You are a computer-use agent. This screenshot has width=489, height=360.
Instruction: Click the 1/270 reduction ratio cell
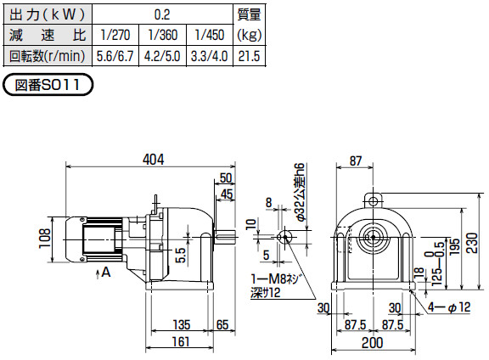click(115, 35)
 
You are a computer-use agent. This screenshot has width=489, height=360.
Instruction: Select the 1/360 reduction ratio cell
click(162, 35)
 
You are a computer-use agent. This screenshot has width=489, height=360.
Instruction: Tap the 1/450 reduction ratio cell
click(210, 35)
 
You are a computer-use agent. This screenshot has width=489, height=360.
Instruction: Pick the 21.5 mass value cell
click(250, 56)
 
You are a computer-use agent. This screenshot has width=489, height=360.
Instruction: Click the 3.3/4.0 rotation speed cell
click(210, 56)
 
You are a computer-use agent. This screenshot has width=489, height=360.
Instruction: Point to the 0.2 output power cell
click(162, 14)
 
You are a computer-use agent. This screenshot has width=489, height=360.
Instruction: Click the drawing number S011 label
click(48, 85)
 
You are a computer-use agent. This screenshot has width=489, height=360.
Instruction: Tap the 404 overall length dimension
click(153, 160)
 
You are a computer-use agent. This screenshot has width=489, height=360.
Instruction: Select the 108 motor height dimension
click(45, 238)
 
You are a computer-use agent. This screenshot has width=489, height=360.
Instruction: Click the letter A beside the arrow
click(106, 273)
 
